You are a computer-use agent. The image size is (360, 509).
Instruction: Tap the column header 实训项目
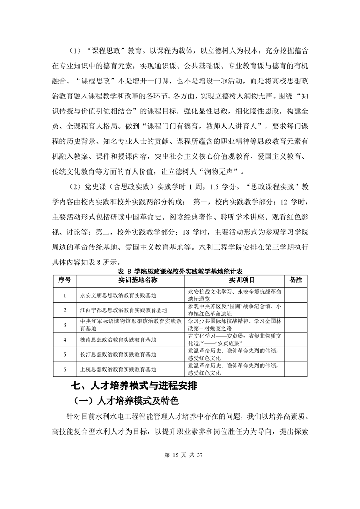coord(235,280)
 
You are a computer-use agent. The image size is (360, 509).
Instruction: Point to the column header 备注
coord(296,280)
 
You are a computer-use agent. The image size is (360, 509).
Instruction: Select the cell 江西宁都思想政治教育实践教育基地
coord(123,310)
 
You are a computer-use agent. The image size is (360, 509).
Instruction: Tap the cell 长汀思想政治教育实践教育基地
coord(118,354)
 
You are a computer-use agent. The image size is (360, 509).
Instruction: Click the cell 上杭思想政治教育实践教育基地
coord(118,369)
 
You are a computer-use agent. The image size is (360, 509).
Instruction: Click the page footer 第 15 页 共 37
coord(180,455)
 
